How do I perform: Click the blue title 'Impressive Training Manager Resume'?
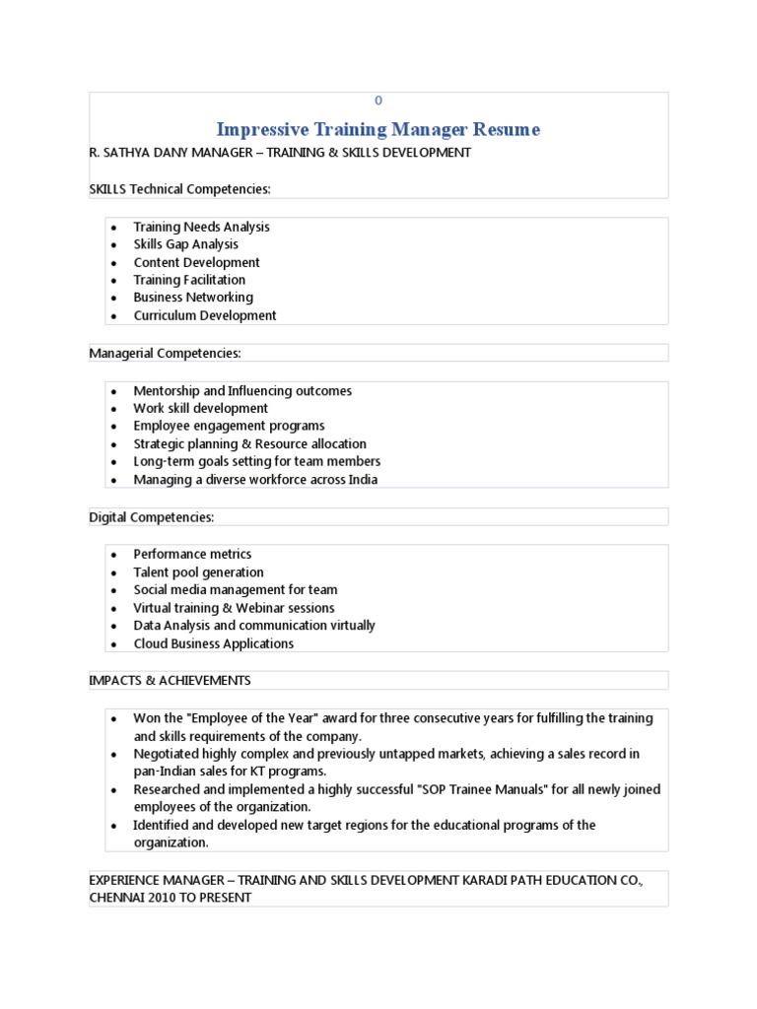[x=378, y=130]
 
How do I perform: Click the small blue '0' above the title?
[x=378, y=101]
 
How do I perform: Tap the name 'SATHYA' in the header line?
[x=127, y=153]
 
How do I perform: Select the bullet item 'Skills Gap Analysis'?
[x=185, y=244]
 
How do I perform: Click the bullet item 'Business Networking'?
[x=193, y=298]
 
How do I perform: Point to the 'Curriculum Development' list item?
[x=205, y=315]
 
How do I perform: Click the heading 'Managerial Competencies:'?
[x=165, y=353]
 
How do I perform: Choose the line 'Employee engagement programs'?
[x=229, y=426]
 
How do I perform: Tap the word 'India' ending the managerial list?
[x=360, y=480]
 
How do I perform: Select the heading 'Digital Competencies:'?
[x=151, y=517]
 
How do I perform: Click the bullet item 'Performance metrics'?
[x=192, y=554]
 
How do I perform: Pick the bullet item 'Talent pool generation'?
[x=198, y=572]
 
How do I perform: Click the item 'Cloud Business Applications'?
[x=213, y=643]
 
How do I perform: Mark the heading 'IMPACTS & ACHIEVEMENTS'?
[x=170, y=681]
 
